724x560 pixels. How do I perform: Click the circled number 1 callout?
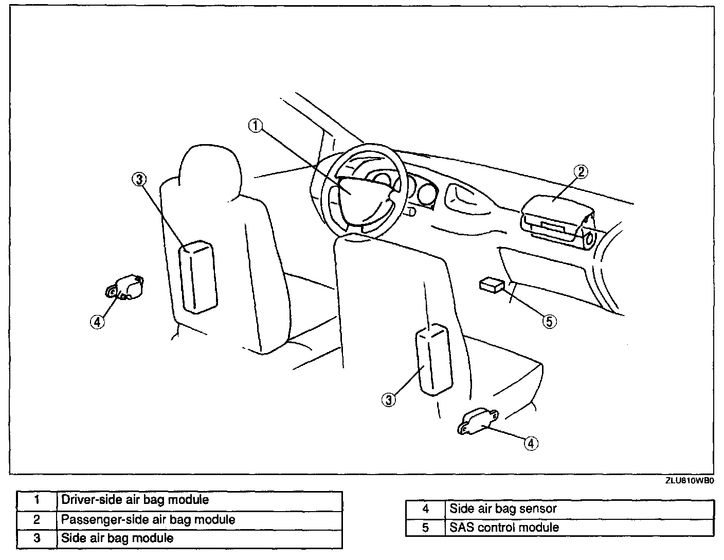[x=256, y=125]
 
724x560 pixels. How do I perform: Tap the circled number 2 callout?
[x=580, y=172]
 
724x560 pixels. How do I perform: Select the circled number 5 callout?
[x=550, y=322]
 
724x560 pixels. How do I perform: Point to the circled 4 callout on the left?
[x=97, y=322]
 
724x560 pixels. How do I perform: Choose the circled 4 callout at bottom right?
[x=531, y=443]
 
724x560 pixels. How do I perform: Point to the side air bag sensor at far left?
[x=125, y=288]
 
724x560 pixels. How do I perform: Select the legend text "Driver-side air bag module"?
[x=135, y=500]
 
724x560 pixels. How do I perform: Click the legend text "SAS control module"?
[x=504, y=528]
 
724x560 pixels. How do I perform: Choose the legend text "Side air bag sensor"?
[x=503, y=509]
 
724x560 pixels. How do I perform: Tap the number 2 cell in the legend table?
[x=37, y=519]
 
